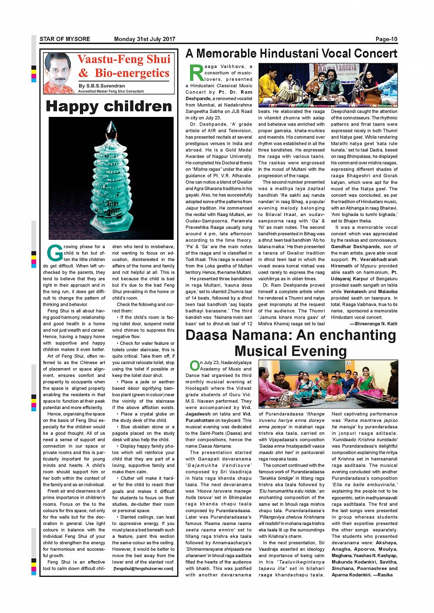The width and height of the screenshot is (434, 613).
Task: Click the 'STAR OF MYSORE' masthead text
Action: (65, 39)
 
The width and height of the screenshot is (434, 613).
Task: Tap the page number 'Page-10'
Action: (386, 39)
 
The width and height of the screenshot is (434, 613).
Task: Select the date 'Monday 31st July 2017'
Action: (145, 39)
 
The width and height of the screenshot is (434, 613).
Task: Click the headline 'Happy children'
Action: (109, 106)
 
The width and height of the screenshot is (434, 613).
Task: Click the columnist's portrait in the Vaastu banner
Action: (58, 73)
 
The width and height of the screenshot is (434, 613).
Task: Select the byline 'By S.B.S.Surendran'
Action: (101, 86)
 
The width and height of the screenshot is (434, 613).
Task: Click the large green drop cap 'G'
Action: (55, 253)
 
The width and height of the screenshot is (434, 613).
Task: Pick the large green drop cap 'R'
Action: (196, 73)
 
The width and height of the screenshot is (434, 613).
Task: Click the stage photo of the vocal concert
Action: (328, 85)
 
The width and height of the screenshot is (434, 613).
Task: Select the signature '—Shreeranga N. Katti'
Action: (373, 324)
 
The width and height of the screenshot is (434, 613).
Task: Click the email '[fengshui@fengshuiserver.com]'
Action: (143, 569)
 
